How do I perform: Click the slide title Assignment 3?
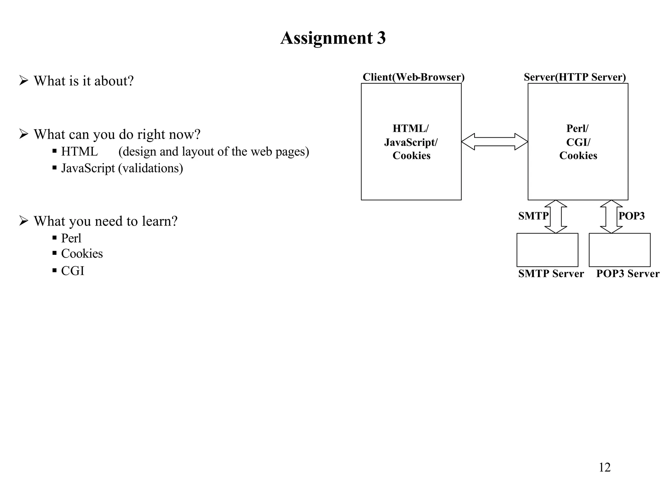[333, 38]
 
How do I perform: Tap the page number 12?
[604, 467]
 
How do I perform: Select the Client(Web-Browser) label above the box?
[413, 77]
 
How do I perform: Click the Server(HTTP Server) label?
[575, 77]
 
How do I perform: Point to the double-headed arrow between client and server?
[494, 142]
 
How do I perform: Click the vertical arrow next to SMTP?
[556, 216]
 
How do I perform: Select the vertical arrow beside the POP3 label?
[611, 216]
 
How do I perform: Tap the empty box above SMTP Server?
[547, 250]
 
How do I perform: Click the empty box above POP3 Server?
[619, 250]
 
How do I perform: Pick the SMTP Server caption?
[551, 273]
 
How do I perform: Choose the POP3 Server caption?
[628, 273]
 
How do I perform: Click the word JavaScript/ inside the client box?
[411, 142]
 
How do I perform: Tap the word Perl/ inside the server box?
[577, 129]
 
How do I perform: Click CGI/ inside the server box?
[578, 142]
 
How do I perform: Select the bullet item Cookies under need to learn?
[82, 254]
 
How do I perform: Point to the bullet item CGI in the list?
[73, 271]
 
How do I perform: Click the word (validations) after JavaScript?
[150, 168]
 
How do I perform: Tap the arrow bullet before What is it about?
[23, 80]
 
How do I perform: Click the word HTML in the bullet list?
[79, 152]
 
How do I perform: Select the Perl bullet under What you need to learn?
[71, 238]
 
